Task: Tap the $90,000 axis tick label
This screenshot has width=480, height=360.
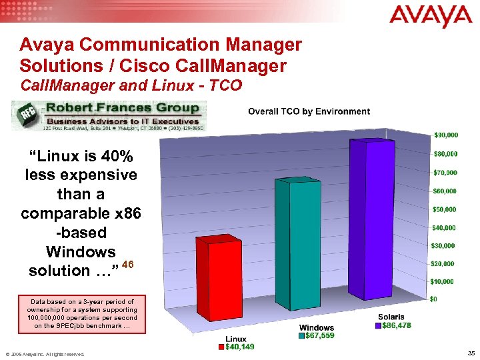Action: tap(446, 135)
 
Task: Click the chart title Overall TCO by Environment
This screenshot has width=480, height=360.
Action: tap(309, 111)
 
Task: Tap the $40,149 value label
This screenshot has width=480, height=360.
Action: tap(239, 347)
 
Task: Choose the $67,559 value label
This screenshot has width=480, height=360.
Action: tap(319, 335)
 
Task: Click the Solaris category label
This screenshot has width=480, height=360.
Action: tap(391, 317)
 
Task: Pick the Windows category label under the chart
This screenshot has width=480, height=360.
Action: tap(317, 327)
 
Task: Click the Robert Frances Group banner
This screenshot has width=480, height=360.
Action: tap(109, 116)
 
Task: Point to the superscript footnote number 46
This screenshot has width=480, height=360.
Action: tap(129, 265)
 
